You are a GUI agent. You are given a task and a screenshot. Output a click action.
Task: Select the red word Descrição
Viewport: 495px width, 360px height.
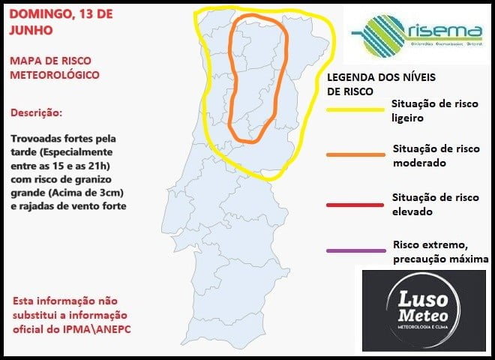click(37, 112)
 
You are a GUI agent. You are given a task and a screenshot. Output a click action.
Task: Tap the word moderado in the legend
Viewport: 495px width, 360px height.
click(420, 163)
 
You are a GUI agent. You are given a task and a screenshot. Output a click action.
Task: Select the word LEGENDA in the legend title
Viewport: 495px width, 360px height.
click(352, 77)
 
